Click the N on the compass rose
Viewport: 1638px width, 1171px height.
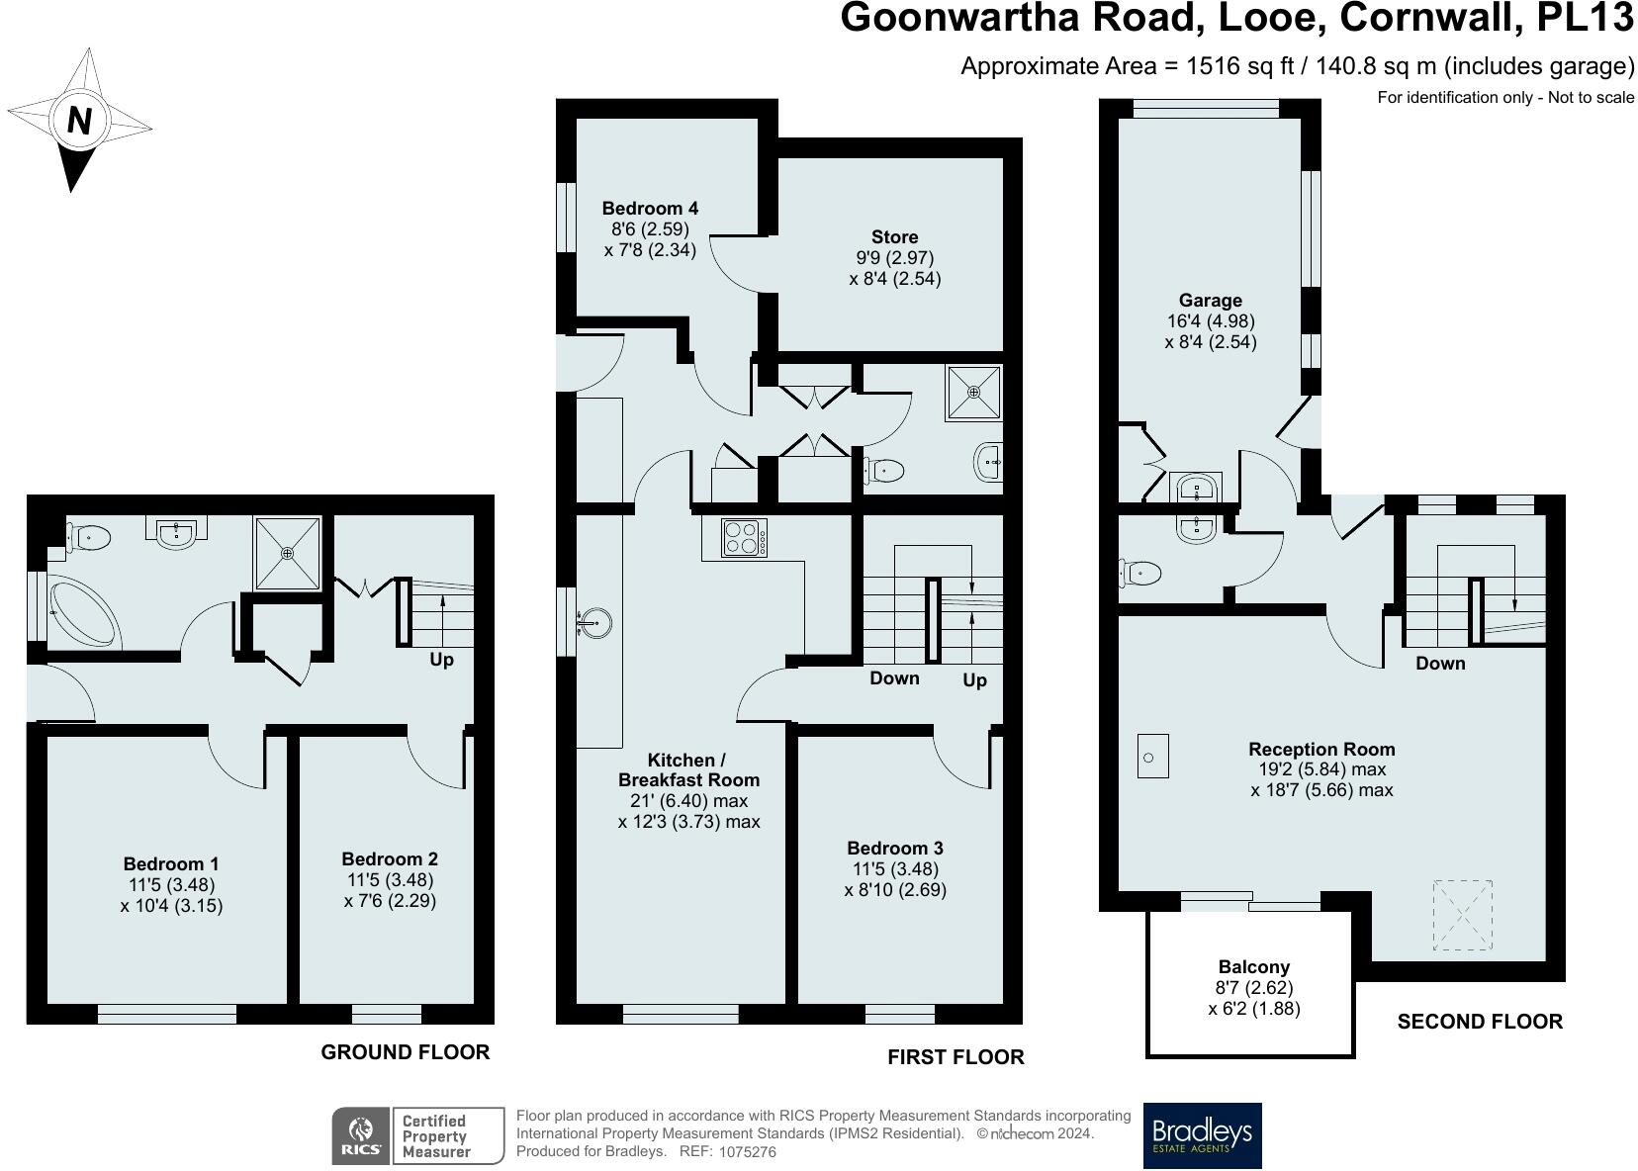pyautogui.click(x=79, y=121)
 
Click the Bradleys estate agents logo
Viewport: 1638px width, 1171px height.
pyautogui.click(x=1202, y=1135)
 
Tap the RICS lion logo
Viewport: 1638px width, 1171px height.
pyautogui.click(x=359, y=1135)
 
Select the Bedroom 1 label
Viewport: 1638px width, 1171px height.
pyautogui.click(x=171, y=863)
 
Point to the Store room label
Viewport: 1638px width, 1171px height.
pyautogui.click(x=894, y=236)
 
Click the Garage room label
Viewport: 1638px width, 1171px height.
pyautogui.click(x=1210, y=301)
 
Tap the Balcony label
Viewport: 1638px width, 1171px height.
pyautogui.click(x=1253, y=967)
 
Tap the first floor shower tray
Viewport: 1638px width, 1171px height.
pyautogui.click(x=973, y=393)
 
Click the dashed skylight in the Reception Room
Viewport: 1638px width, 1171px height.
pyautogui.click(x=1463, y=914)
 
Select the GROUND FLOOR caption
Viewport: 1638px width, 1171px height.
pyautogui.click(x=405, y=1052)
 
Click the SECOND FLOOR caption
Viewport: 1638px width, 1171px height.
pyautogui.click(x=1479, y=1022)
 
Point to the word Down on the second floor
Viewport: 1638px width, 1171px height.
pyautogui.click(x=1439, y=664)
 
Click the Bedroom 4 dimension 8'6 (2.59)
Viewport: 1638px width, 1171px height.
pyautogui.click(x=650, y=228)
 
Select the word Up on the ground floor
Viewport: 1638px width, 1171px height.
pyautogui.click(x=441, y=660)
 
